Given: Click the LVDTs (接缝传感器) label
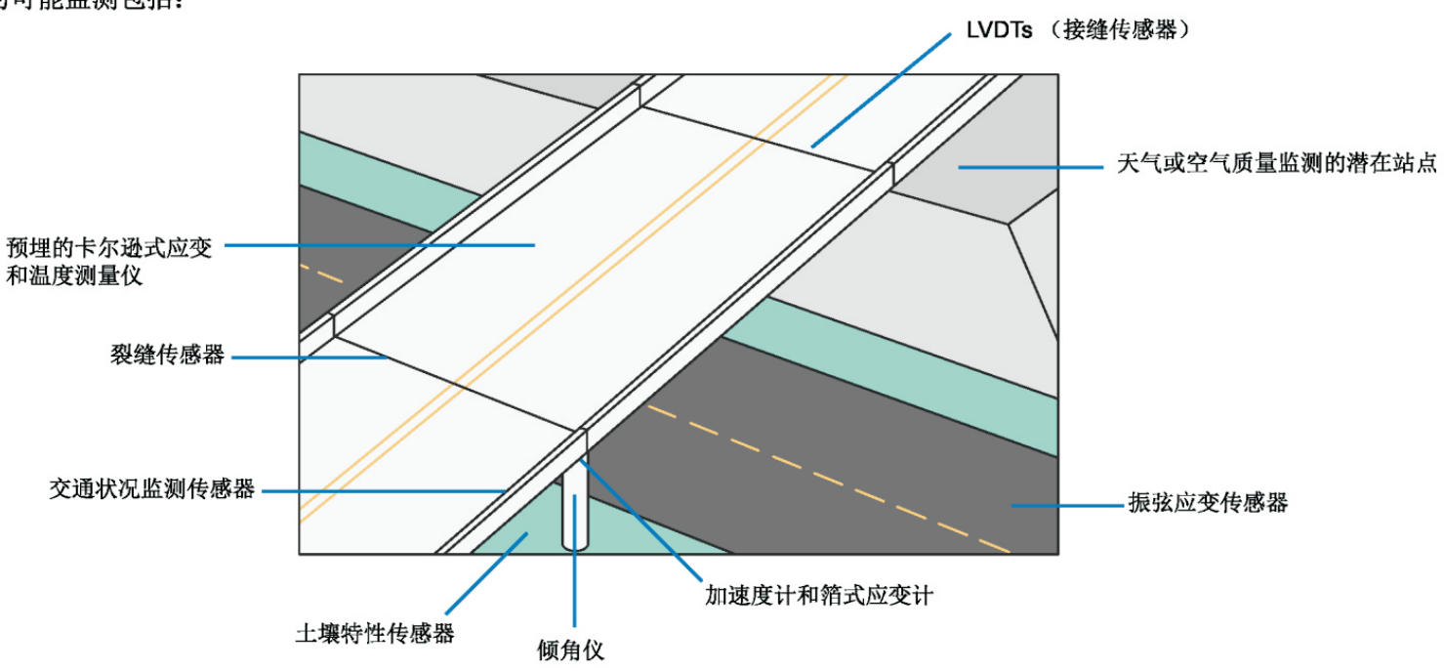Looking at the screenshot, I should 1078,30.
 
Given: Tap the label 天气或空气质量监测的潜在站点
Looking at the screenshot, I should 1277,164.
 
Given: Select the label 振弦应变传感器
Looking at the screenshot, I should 1208,503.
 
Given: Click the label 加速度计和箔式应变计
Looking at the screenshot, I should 818,594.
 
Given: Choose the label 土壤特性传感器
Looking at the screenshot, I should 375,633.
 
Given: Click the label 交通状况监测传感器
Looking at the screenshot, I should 152,488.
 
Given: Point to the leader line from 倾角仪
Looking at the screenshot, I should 574,566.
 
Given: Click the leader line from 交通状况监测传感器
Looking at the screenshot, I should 381,490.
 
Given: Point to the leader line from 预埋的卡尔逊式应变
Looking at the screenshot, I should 381,244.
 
